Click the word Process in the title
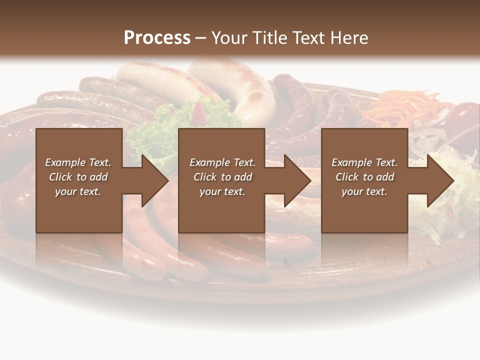coord(157,38)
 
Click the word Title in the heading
coord(266,38)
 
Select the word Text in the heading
coord(306,38)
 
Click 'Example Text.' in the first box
coord(78,162)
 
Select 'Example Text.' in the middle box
coord(222,162)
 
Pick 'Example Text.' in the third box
coord(364,162)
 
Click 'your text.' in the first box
coord(78,191)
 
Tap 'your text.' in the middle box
coord(222,191)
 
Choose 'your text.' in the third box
coord(364,191)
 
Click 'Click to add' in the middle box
coord(222,177)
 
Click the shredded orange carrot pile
coord(400,107)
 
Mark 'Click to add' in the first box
coord(78,177)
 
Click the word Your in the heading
coord(229,38)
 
